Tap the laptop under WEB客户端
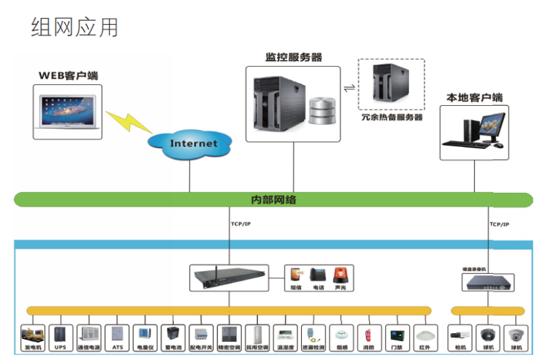68,112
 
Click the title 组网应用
75,27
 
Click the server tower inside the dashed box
390,84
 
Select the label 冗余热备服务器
391,117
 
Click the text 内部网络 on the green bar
273,200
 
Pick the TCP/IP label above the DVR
499,224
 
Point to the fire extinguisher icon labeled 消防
368,334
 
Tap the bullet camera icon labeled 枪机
460,334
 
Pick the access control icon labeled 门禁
395,334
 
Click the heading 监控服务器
294,58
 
